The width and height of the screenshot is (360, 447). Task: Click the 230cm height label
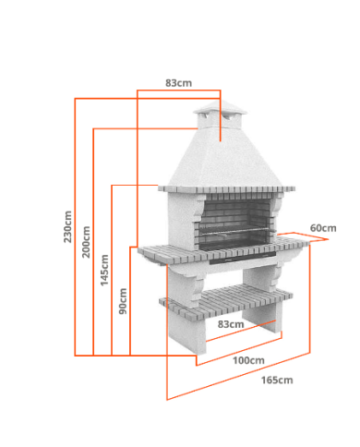(67, 227)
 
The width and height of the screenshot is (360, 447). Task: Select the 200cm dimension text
(86, 242)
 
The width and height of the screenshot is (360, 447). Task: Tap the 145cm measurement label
(104, 270)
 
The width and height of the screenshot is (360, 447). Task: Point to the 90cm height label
(123, 301)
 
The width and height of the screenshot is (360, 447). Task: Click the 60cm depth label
(323, 228)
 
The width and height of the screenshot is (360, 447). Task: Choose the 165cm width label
(277, 381)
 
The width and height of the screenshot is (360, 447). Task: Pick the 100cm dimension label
(248, 360)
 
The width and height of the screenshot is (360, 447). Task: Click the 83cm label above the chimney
(178, 83)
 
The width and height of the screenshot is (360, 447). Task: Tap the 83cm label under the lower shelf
(231, 324)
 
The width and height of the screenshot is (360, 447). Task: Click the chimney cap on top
(221, 108)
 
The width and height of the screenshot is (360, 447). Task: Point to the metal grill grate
(235, 232)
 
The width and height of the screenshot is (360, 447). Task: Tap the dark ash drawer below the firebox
(243, 258)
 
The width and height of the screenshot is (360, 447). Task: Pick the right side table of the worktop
(293, 242)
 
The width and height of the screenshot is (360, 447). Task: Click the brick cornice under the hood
(227, 190)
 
